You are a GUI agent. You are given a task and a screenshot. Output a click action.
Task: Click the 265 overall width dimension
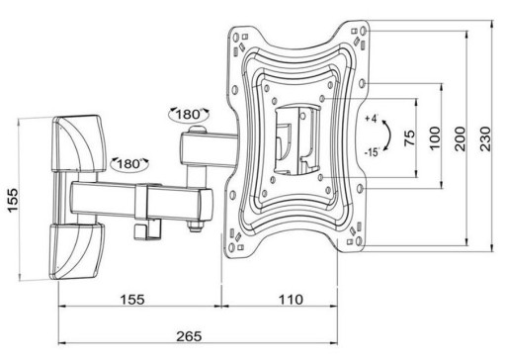[x=189, y=336]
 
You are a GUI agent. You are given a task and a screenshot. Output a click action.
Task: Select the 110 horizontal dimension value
[x=292, y=300]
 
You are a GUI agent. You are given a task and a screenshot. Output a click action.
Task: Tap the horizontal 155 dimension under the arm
[x=132, y=300]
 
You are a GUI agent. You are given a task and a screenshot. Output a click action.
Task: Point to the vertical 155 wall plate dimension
[x=13, y=200]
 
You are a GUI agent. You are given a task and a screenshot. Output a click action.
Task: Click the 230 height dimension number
[x=485, y=138]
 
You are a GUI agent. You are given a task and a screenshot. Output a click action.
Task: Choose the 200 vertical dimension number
[x=460, y=138]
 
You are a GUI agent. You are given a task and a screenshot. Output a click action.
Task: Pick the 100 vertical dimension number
[x=435, y=138]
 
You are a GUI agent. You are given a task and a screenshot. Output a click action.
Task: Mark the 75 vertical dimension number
[x=409, y=138]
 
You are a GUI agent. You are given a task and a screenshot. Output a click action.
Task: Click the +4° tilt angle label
[x=372, y=119]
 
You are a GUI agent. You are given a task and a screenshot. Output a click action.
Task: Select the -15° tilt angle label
[x=372, y=152]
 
